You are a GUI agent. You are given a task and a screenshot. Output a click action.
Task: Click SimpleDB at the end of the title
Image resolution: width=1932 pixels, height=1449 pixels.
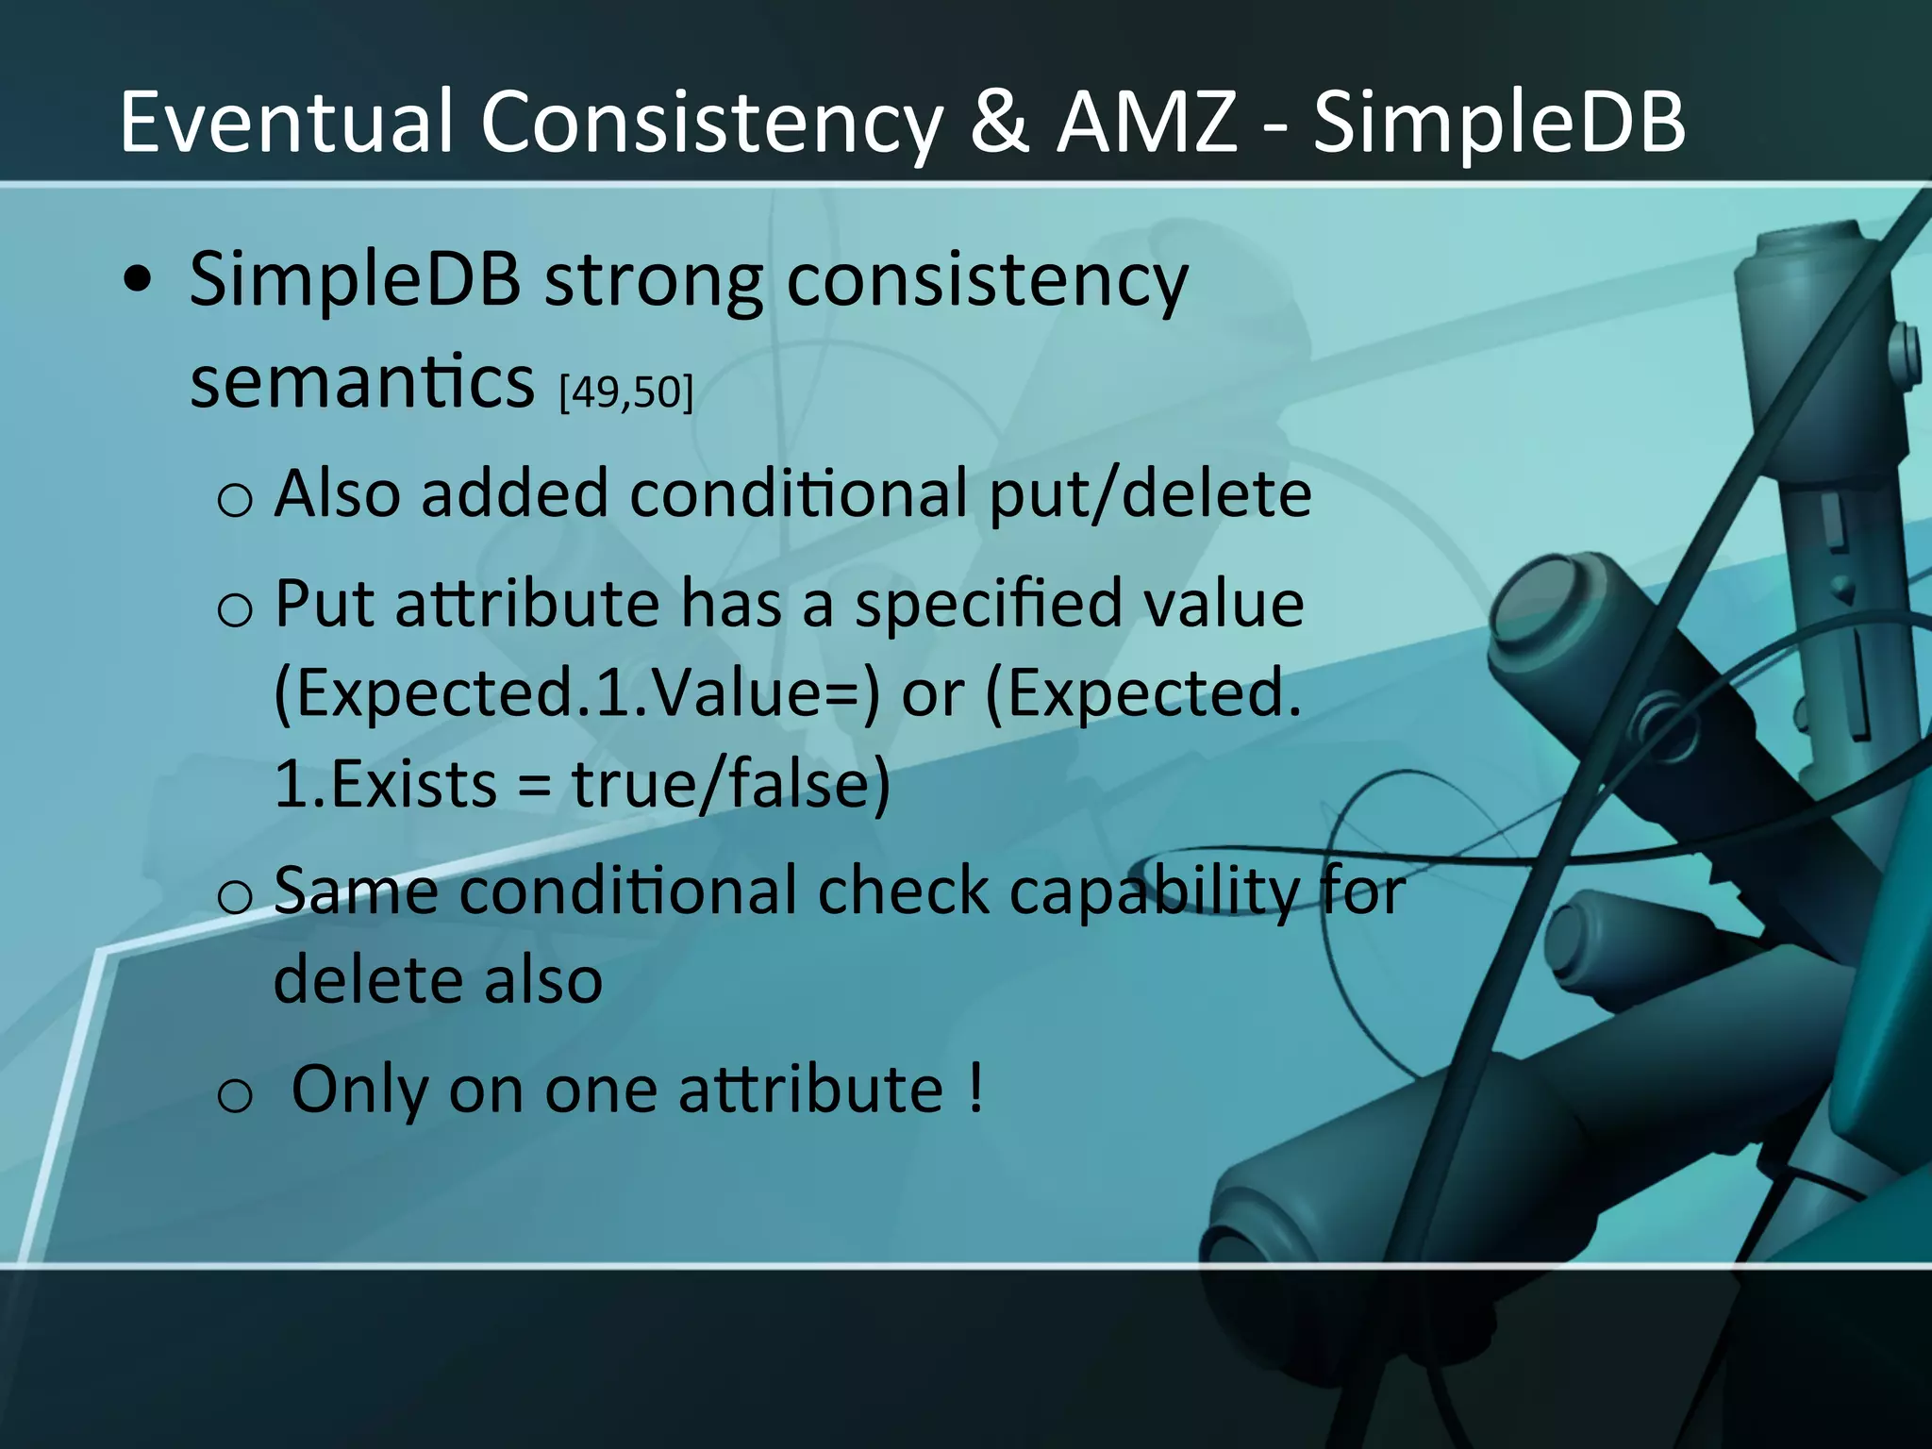pyautogui.click(x=1499, y=123)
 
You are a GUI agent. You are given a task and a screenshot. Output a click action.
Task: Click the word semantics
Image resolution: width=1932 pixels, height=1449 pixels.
pyautogui.click(x=362, y=381)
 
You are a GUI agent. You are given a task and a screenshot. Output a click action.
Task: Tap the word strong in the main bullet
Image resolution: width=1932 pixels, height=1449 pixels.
pyautogui.click(x=653, y=280)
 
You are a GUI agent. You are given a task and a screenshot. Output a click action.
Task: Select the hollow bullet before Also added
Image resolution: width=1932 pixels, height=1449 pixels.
pyautogui.click(x=234, y=498)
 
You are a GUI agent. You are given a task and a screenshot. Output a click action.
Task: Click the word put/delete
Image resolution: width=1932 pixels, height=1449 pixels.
pyautogui.click(x=1150, y=493)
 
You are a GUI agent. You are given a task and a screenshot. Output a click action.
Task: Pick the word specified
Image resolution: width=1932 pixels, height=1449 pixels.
pyautogui.click(x=988, y=605)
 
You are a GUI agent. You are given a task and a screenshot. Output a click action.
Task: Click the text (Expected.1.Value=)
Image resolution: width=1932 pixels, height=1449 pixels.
pyautogui.click(x=575, y=693)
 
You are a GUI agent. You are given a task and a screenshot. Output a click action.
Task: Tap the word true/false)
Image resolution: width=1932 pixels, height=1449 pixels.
pyautogui.click(x=731, y=785)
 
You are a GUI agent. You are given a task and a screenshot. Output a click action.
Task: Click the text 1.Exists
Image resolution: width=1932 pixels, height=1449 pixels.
pyautogui.click(x=385, y=785)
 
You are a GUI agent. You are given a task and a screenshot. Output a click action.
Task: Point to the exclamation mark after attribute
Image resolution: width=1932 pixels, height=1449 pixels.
pyautogui.click(x=975, y=1088)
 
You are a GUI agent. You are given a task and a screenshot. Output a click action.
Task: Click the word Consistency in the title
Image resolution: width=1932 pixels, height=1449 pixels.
pyautogui.click(x=712, y=123)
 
